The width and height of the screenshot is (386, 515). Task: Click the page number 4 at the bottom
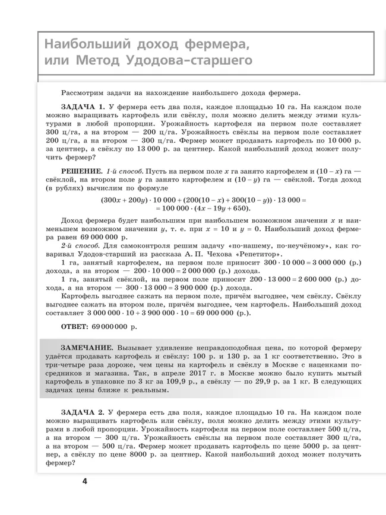pyautogui.click(x=85, y=481)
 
